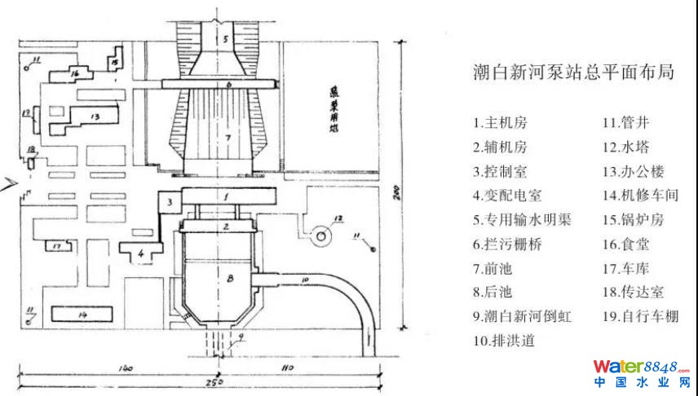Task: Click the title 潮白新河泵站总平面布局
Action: pos(574,73)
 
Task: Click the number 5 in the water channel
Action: pos(228,38)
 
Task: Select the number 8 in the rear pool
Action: pos(230,279)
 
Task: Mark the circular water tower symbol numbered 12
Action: pos(322,235)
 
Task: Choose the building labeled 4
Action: pos(142,253)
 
